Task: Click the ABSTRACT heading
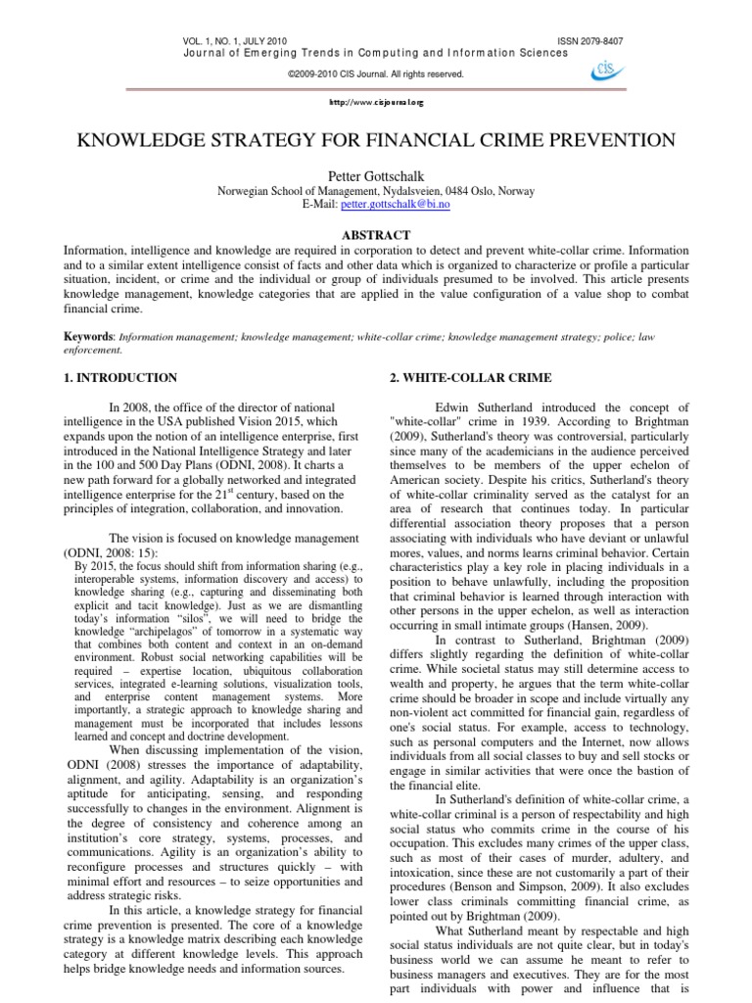click(376, 235)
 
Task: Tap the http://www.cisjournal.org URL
click(376, 101)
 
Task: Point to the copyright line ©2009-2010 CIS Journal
click(375, 73)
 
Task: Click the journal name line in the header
click(375, 53)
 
